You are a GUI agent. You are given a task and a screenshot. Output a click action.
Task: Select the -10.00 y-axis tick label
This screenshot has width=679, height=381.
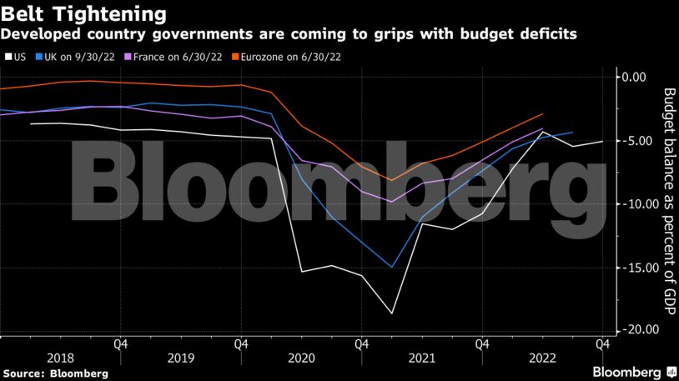click(630, 204)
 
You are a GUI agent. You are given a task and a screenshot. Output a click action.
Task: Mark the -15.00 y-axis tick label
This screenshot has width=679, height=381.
click(630, 268)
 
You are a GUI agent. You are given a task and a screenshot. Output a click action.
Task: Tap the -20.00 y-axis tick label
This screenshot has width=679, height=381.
click(630, 331)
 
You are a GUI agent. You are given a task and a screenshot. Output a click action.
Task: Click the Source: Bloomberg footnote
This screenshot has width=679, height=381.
click(55, 373)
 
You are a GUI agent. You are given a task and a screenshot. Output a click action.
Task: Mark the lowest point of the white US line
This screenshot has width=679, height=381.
click(391, 313)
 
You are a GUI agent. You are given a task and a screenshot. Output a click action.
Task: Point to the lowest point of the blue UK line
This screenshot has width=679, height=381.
click(391, 268)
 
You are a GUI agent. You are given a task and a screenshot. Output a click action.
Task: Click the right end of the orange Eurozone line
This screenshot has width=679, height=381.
click(543, 114)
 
